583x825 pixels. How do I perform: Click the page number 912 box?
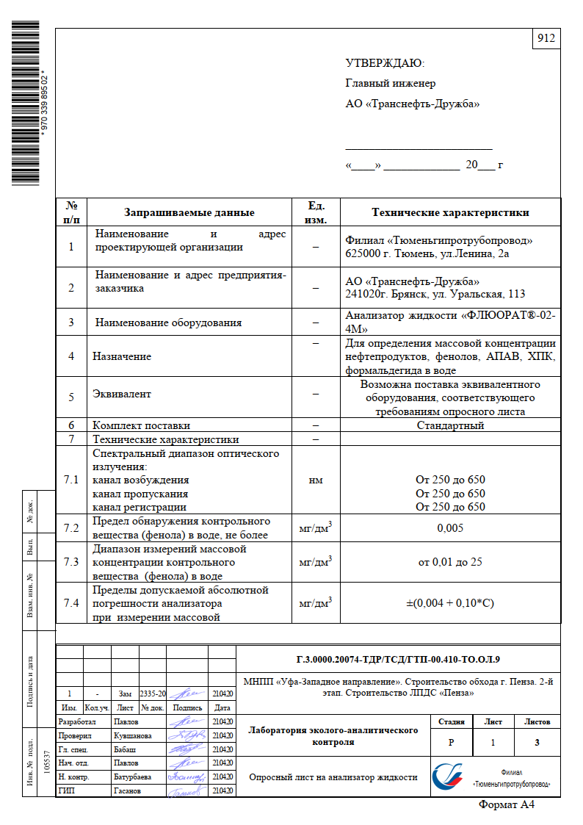pyautogui.click(x=546, y=40)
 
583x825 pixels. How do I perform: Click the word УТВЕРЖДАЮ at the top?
pyautogui.click(x=385, y=63)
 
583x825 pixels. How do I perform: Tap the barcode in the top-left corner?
pyautogui.click(x=26, y=103)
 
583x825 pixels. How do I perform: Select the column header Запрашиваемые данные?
pyautogui.click(x=189, y=213)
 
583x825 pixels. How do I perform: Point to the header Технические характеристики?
pyautogui.click(x=450, y=213)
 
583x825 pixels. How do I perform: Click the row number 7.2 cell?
pyautogui.click(x=71, y=528)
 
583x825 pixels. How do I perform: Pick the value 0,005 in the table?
pyautogui.click(x=450, y=528)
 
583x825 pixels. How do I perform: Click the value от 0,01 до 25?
pyautogui.click(x=450, y=562)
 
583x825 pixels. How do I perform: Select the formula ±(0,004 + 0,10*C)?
pyautogui.click(x=450, y=603)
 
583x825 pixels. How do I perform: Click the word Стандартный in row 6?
pyautogui.click(x=450, y=425)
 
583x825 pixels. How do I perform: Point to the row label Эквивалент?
pyautogui.click(x=122, y=394)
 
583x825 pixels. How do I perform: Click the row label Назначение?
pyautogui.click(x=122, y=356)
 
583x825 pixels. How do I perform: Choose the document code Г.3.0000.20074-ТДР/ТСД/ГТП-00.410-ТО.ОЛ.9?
pyautogui.click(x=397, y=658)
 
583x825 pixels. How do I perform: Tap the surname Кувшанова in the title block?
pyautogui.click(x=133, y=735)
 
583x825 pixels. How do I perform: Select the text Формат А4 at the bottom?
pyautogui.click(x=507, y=805)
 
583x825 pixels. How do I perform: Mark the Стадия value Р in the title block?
pyautogui.click(x=450, y=743)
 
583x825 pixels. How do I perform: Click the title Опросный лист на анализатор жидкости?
pyautogui.click(x=333, y=777)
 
